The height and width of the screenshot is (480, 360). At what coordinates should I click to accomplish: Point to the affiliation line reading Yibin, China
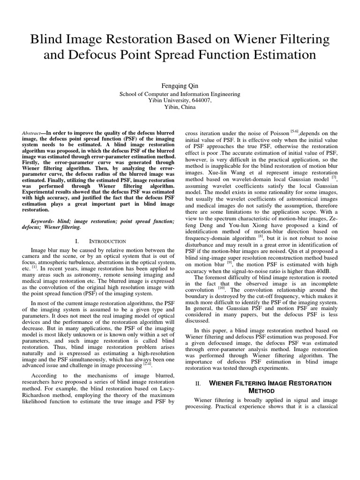click(x=180, y=107)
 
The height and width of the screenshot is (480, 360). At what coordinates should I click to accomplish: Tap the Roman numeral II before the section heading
click(x=198, y=383)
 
